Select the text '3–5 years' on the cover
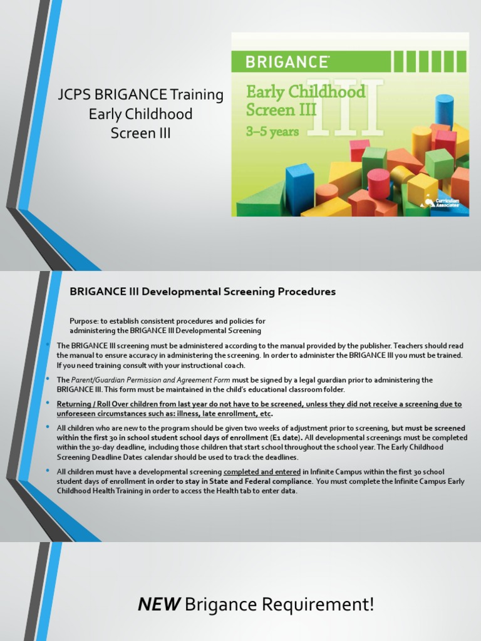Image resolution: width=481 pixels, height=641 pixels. (x=272, y=131)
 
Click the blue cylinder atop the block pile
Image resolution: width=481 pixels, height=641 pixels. (x=444, y=110)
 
